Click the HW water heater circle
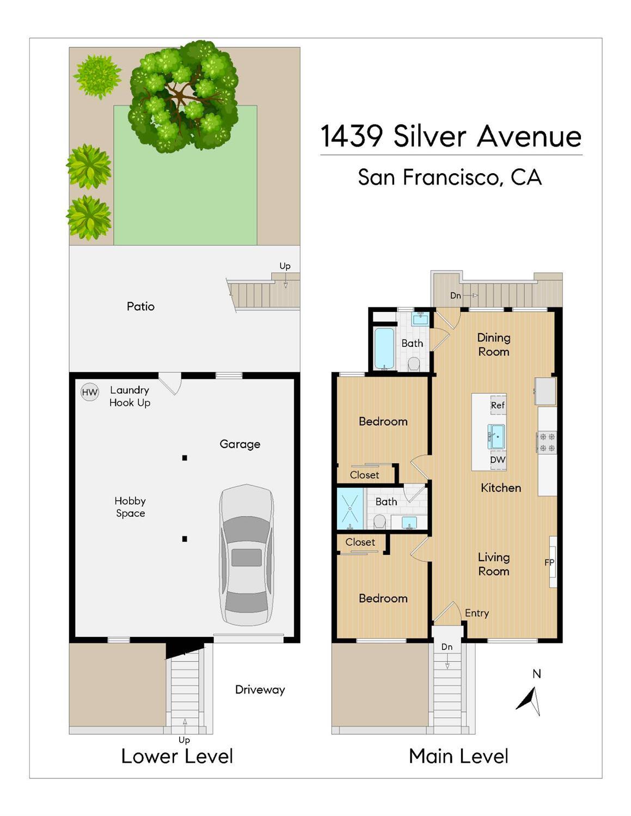(89, 392)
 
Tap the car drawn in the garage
(246, 555)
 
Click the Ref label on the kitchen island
(498, 405)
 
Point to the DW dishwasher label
(498, 459)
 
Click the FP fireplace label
(549, 562)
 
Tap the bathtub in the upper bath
(384, 348)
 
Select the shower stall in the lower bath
(350, 509)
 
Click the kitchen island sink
(497, 437)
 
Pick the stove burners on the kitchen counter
(547, 442)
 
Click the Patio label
(140, 306)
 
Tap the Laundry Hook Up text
(130, 396)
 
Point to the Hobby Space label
(130, 507)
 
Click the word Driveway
(260, 690)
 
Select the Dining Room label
(493, 345)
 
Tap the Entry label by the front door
(476, 613)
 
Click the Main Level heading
(458, 756)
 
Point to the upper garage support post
(185, 458)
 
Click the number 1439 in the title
(351, 136)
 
